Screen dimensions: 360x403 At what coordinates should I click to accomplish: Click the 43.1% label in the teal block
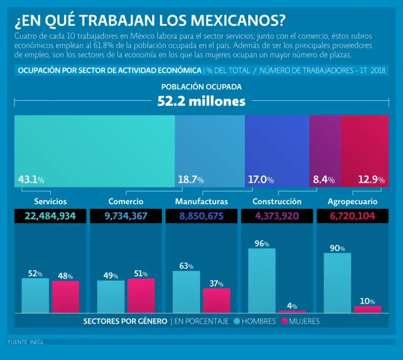31,180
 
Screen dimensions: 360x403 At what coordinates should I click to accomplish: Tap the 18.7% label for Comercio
190,180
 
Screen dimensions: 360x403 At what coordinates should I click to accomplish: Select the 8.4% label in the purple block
324,180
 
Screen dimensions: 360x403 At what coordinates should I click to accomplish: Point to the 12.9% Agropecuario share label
371,180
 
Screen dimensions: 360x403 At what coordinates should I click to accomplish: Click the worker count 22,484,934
50,216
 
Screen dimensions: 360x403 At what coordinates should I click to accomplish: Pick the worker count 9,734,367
126,216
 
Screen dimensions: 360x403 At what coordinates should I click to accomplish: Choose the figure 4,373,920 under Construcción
277,216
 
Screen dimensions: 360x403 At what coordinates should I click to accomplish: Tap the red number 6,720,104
352,216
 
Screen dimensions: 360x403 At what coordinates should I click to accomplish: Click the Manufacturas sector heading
201,202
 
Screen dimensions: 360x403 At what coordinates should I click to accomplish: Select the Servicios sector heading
50,202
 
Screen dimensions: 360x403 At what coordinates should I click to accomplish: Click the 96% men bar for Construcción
262,280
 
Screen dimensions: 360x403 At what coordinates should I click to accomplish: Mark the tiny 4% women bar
292,311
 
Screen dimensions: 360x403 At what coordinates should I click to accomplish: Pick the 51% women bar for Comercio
141,295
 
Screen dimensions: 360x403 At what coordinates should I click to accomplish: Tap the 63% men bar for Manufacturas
186,292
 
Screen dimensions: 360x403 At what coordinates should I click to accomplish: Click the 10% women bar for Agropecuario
367,309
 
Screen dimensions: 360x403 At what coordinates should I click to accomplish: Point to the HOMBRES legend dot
237,321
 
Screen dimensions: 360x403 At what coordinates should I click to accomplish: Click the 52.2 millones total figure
201,101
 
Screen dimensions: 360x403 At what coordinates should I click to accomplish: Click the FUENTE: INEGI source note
26,342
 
